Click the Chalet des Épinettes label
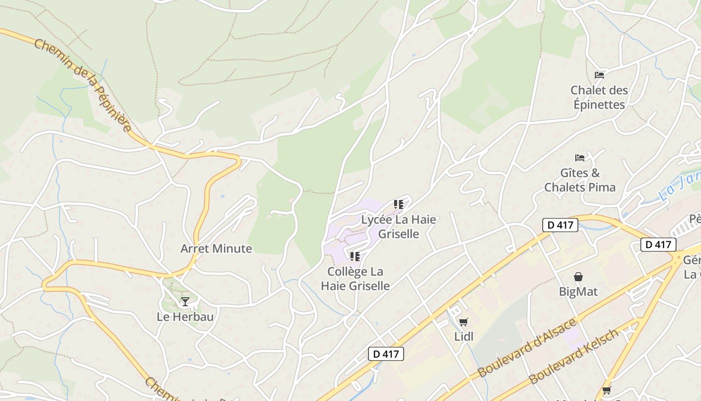[x=599, y=98]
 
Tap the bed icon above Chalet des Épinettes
[x=599, y=75]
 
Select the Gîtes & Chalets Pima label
[x=580, y=180]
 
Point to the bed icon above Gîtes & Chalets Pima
[x=580, y=158]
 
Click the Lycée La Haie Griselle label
[x=399, y=227]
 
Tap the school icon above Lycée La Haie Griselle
[x=399, y=205]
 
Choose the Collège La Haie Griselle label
[x=355, y=279]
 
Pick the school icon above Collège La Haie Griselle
[x=355, y=257]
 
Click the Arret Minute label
[x=216, y=249]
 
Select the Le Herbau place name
[x=185, y=317]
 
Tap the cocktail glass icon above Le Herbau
[x=185, y=301]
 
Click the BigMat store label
[x=578, y=292]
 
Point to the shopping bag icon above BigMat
[x=578, y=277]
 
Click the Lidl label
[x=464, y=336]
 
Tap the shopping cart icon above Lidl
[x=464, y=322]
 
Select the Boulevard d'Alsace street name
[x=527, y=348]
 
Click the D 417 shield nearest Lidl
[x=386, y=354]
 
